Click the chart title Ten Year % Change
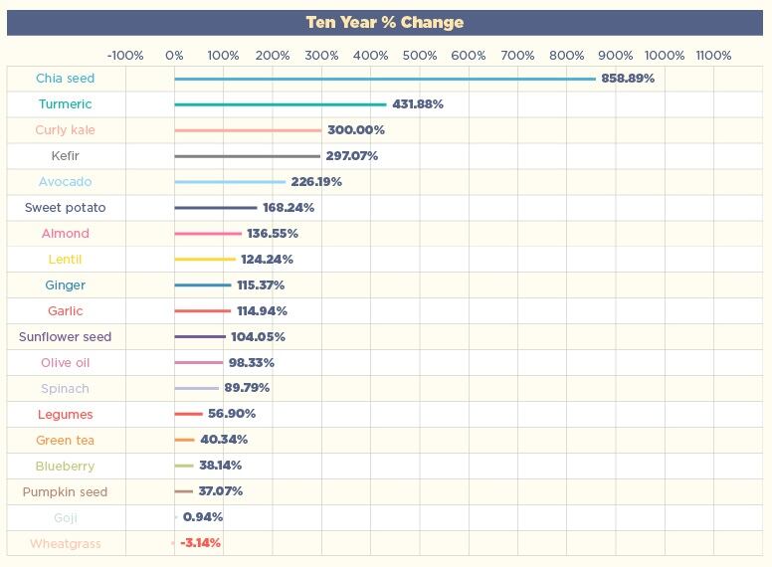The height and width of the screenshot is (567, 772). (385, 22)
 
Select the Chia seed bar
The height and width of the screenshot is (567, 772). (385, 79)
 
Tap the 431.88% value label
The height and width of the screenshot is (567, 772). (418, 104)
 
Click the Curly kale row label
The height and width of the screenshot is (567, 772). (66, 130)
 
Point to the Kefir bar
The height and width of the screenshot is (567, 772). (248, 156)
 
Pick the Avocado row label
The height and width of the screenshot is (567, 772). (66, 182)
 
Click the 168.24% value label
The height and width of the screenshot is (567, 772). (289, 208)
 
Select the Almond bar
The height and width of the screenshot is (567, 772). (208, 234)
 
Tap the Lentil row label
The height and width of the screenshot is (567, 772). (66, 260)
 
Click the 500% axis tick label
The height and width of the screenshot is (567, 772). (419, 56)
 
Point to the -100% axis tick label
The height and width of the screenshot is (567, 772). (125, 56)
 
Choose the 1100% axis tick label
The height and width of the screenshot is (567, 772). (713, 56)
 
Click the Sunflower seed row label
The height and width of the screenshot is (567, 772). (66, 337)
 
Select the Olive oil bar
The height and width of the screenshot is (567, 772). (199, 363)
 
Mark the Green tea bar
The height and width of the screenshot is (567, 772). (184, 440)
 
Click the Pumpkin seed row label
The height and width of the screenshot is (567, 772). (66, 491)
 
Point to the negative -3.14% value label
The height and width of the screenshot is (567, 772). (200, 543)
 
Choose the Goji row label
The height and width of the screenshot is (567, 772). (66, 517)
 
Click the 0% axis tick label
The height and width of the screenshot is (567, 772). (174, 56)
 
